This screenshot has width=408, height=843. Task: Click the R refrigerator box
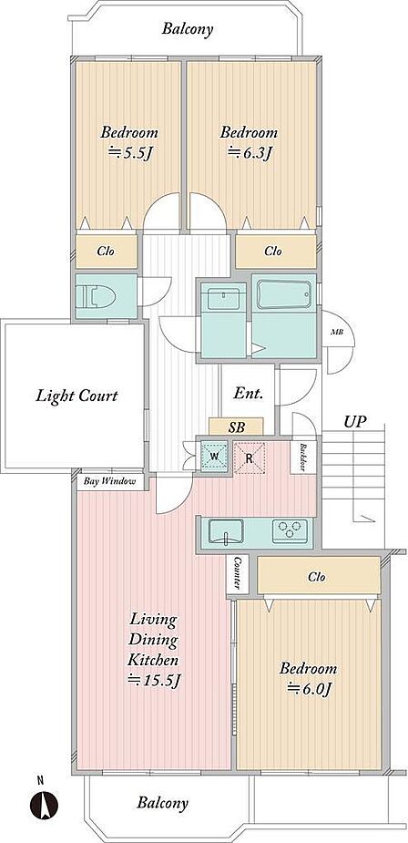click(250, 457)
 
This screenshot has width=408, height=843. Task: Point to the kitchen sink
click(226, 532)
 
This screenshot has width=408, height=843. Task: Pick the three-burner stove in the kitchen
click(291, 530)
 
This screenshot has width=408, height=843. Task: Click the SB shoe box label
click(237, 427)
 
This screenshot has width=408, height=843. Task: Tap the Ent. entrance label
click(249, 394)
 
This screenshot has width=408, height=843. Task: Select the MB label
click(337, 333)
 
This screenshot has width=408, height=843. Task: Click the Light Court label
click(76, 396)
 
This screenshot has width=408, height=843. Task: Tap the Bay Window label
click(109, 481)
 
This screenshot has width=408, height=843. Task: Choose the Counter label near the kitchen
click(237, 573)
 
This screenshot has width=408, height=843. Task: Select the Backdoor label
click(303, 457)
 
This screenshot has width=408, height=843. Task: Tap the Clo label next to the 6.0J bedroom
click(317, 578)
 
